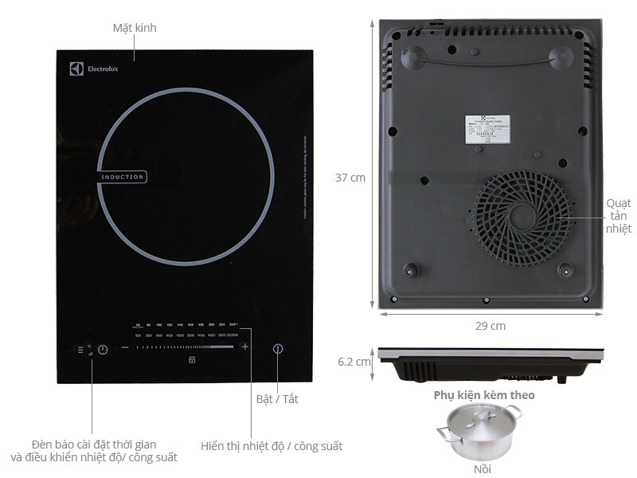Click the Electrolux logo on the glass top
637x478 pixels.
(x=85, y=69)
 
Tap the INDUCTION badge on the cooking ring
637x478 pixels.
(x=123, y=177)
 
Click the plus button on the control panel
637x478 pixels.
(x=245, y=347)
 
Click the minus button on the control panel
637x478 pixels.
(x=125, y=347)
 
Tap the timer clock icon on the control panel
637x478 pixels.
(x=103, y=349)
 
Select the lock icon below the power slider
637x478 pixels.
(x=192, y=360)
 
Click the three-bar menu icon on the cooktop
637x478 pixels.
(x=80, y=349)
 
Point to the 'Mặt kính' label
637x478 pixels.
(x=135, y=28)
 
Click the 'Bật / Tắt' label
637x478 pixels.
(x=277, y=398)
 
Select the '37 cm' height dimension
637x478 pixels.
(x=351, y=178)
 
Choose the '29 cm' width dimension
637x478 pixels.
(x=491, y=326)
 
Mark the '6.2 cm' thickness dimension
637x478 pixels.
(x=354, y=361)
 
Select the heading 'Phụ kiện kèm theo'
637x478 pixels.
(x=484, y=394)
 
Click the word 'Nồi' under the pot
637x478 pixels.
(x=483, y=468)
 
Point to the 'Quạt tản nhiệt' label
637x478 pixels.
(x=618, y=215)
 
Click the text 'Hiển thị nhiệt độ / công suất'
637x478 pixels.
(x=272, y=446)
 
